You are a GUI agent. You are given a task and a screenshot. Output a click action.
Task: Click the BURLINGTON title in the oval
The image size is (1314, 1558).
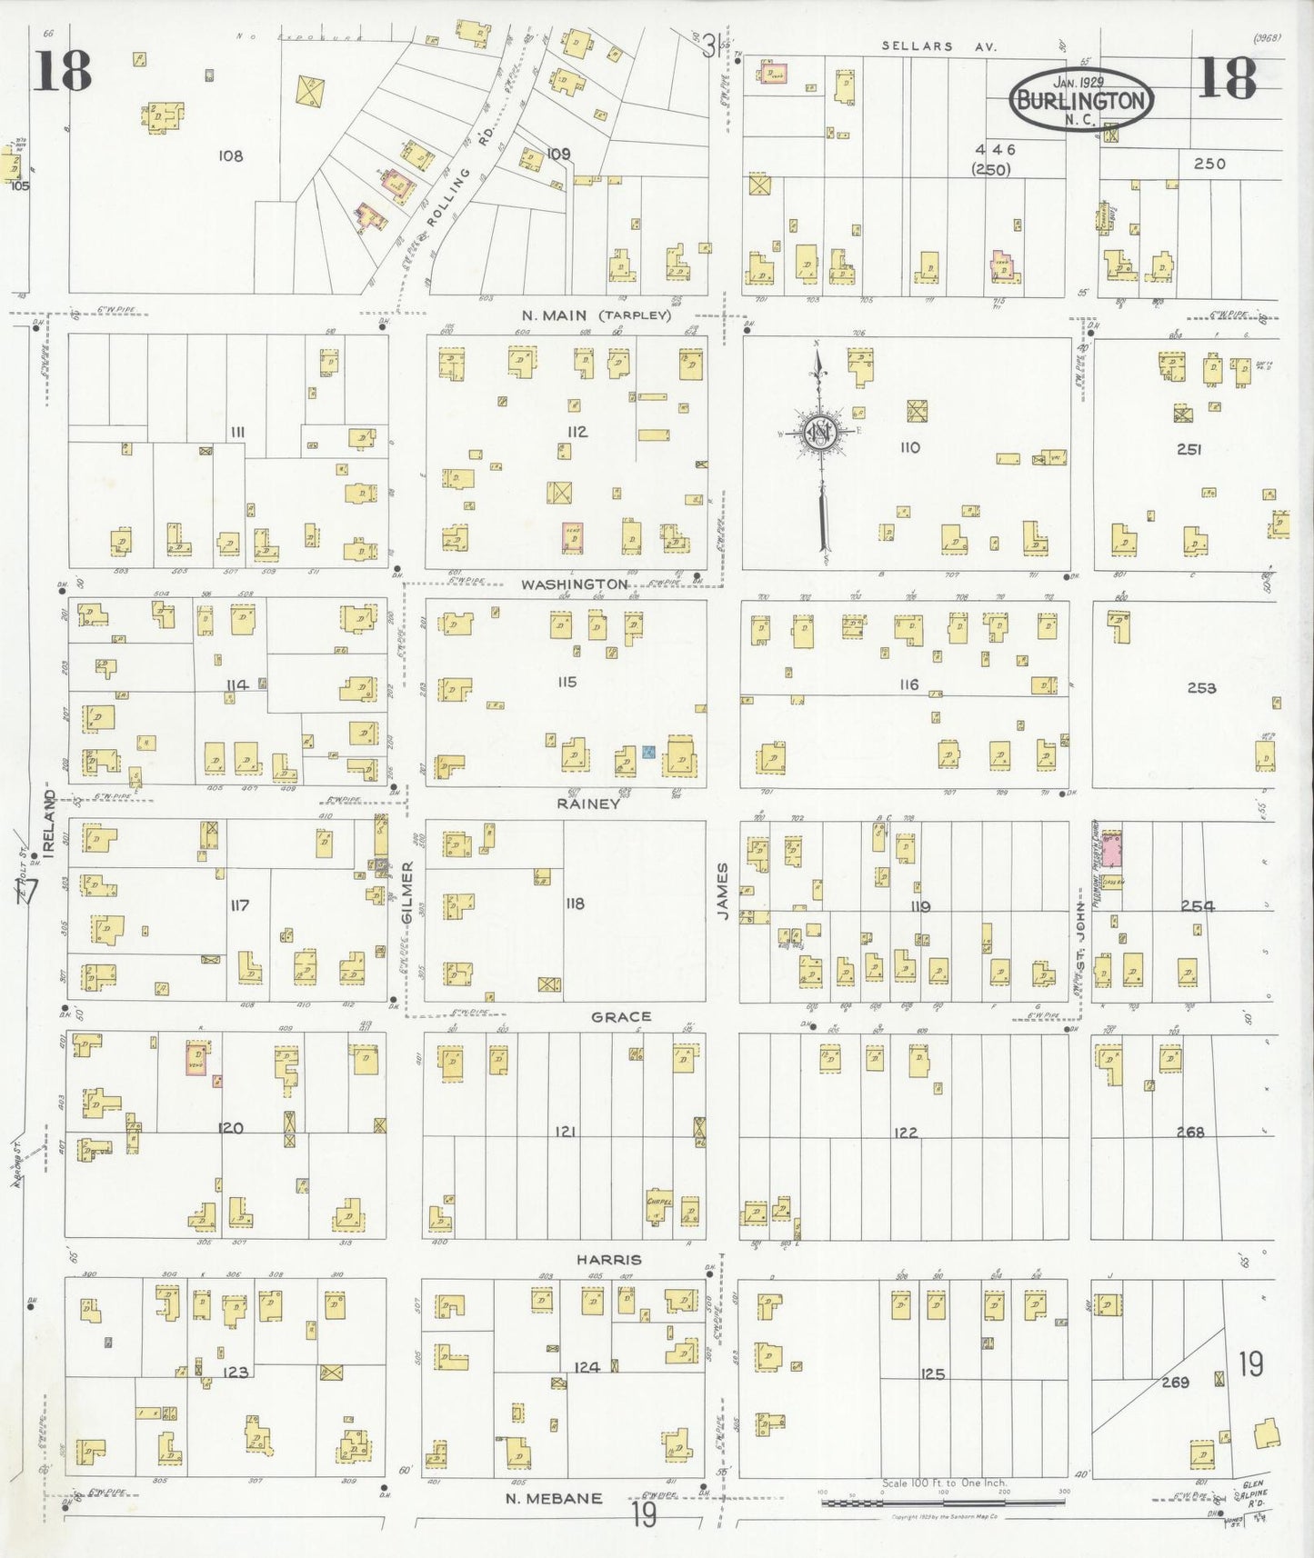click(1081, 101)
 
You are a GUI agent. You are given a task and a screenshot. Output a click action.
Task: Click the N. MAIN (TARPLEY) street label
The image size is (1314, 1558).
click(596, 316)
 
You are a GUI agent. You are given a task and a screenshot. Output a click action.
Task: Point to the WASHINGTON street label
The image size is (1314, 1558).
click(574, 584)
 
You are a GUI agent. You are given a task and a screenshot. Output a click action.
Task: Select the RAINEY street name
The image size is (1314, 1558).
click(588, 804)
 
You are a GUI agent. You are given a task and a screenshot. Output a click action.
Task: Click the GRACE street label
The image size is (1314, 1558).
click(621, 1016)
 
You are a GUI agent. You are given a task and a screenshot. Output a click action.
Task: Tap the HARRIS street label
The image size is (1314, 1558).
click(608, 1259)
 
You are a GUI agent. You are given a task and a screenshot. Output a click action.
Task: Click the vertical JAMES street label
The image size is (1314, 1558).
click(723, 892)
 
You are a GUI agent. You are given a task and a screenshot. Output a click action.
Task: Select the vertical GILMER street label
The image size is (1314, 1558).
click(407, 893)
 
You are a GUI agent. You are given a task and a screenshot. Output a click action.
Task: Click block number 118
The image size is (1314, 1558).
click(575, 904)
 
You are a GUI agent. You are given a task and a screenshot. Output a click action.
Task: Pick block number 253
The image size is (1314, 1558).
click(1200, 688)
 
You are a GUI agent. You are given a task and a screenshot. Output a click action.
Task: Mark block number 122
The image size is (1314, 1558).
click(905, 1132)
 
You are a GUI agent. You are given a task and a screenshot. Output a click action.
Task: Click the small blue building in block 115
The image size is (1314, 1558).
click(648, 752)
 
